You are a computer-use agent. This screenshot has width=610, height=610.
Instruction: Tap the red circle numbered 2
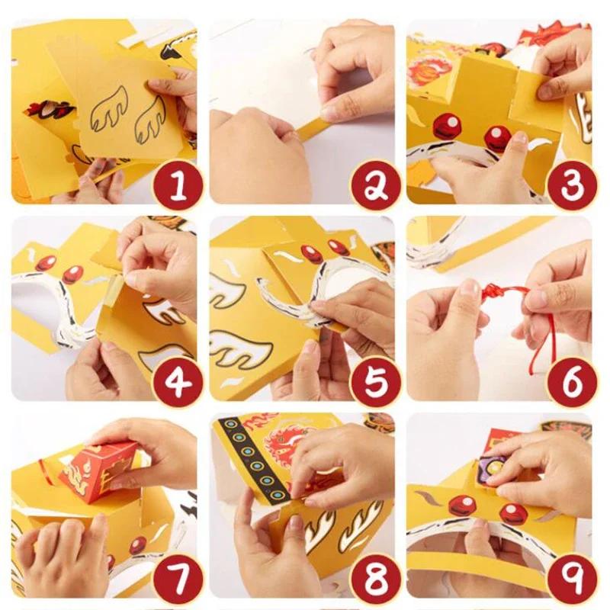pos(376,186)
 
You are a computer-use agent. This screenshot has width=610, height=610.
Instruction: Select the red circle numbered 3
pos(573,186)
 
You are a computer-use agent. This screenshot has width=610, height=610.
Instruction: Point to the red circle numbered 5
pos(376,384)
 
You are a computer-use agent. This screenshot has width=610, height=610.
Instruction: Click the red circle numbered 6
pos(573,384)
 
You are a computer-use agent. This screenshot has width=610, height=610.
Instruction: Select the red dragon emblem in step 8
pos(286,440)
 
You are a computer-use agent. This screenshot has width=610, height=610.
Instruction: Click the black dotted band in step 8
pos(255,462)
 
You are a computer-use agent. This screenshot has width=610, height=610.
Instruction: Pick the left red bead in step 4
pos(46,263)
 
